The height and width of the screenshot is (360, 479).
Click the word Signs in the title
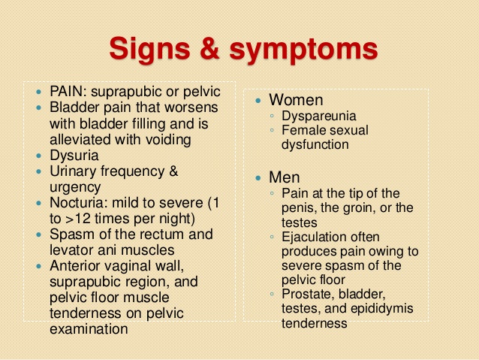(x=153, y=50)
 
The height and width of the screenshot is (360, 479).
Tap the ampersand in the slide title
(x=215, y=50)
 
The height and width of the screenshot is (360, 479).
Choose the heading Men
(x=285, y=178)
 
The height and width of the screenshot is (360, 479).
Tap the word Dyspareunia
(x=319, y=116)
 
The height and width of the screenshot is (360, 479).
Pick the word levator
(x=72, y=250)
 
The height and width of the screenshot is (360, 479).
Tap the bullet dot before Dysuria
(x=41, y=156)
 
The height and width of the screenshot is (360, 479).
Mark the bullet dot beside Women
(x=259, y=101)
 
